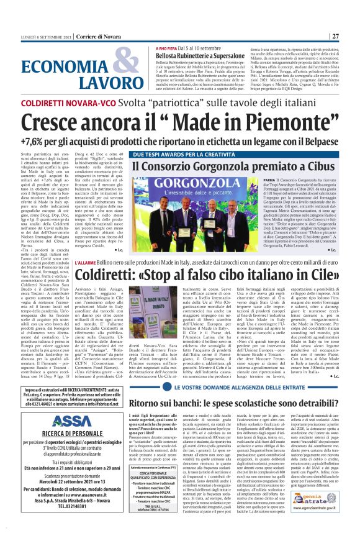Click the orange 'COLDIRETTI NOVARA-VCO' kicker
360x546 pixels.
pyautogui.click(x=58, y=100)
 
